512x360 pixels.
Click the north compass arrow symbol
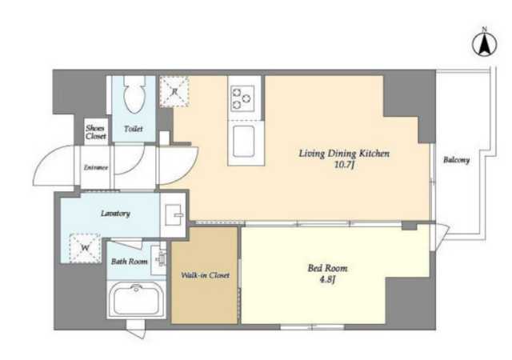(485, 43)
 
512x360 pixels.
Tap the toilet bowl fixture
(134, 94)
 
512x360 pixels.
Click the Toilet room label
(134, 129)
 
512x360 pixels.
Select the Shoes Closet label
(96, 132)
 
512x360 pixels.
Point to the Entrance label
(96, 167)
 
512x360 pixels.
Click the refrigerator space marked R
(174, 91)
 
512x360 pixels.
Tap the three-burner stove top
(242, 98)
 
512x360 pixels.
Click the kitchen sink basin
(243, 141)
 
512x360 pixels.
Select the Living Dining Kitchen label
(344, 154)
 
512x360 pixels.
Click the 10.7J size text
(344, 165)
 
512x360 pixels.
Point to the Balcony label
(456, 160)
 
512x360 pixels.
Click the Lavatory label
(115, 214)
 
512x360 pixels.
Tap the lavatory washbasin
(173, 214)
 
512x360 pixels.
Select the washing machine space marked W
(86, 248)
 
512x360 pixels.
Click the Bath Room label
(130, 262)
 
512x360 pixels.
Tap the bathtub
(137, 299)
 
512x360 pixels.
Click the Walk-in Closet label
(206, 275)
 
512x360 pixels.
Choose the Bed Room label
(327, 268)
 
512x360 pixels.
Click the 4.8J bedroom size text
(327, 280)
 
